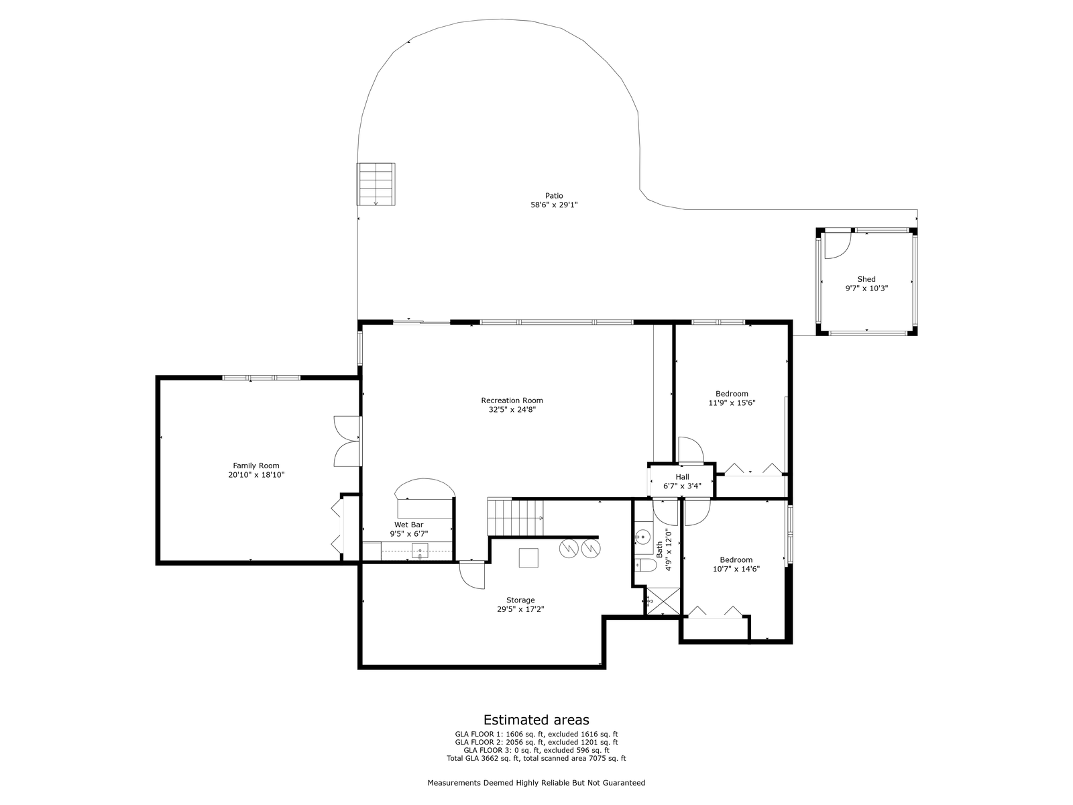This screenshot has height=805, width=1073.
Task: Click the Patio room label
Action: coord(554,195)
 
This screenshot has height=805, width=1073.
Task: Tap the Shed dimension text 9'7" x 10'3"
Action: coord(866,288)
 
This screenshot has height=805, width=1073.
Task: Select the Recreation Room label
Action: coord(512,400)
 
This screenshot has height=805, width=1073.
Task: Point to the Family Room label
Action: coord(256,466)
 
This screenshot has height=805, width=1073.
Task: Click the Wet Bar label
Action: coord(408,525)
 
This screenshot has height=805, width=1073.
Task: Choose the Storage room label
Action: coord(520,600)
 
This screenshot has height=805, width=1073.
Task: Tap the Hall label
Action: coord(683,476)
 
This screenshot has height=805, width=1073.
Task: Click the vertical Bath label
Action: coord(659,549)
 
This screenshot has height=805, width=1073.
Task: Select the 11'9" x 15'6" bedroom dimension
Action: coord(732,402)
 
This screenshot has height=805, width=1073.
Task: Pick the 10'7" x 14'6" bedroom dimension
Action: coord(736,568)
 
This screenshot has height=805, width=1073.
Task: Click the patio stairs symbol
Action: coord(376,184)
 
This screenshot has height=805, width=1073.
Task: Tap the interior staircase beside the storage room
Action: coord(516,517)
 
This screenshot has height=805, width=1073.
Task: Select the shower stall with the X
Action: coord(663,600)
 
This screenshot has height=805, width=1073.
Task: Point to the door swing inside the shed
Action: coord(838,246)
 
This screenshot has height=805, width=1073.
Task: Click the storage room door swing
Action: coord(471,576)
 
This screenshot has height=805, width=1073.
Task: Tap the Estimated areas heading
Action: coord(536,719)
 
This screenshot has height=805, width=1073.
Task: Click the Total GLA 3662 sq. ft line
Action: coord(536,758)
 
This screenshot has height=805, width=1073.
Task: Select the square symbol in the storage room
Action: coord(528,557)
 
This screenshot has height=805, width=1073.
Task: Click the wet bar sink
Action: coord(420,551)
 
